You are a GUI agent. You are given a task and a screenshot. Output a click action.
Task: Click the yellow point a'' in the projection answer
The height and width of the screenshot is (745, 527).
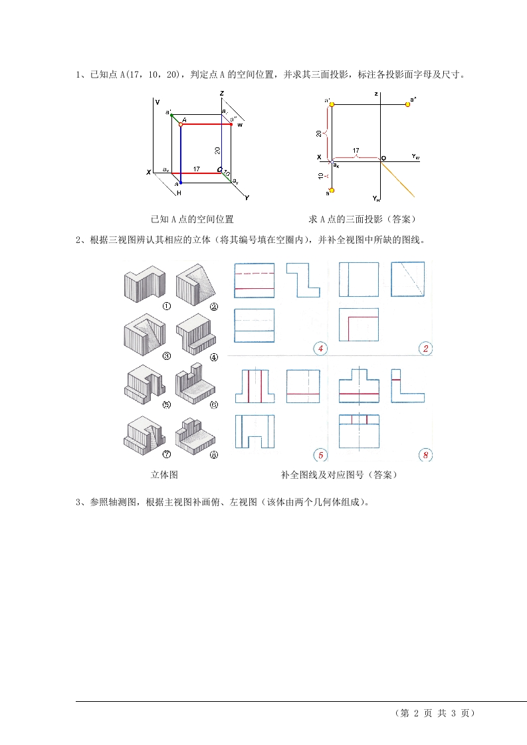[407, 104]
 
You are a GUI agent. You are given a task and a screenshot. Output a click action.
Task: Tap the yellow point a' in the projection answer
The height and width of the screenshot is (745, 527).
[332, 104]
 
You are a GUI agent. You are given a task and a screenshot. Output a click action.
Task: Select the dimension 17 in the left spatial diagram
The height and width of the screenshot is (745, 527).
[197, 169]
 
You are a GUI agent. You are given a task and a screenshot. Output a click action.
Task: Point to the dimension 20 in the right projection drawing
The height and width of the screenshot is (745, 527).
[319, 133]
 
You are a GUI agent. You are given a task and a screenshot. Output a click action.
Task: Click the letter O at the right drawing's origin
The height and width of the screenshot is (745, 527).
[383, 158]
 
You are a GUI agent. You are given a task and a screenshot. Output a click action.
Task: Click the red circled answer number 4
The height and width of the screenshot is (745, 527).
[320, 348]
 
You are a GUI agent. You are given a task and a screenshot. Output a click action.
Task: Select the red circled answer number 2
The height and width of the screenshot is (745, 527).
[426, 348]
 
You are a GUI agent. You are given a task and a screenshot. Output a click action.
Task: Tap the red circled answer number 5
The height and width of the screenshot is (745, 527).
[320, 455]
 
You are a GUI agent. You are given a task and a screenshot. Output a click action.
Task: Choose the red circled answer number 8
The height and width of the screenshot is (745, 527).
[426, 455]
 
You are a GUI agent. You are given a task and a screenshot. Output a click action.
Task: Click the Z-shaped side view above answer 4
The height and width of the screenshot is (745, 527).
[303, 279]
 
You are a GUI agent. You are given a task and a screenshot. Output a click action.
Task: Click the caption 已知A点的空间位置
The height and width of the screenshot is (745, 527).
[192, 218]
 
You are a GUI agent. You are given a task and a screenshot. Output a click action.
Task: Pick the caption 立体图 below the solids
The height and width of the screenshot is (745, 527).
[164, 475]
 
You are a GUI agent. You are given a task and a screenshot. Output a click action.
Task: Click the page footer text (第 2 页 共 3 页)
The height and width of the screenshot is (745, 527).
[435, 713]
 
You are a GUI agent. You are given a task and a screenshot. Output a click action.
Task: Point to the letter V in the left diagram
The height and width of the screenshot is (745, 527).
[157, 102]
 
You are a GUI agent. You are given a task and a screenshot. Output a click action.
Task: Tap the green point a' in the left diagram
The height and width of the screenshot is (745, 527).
[172, 116]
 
